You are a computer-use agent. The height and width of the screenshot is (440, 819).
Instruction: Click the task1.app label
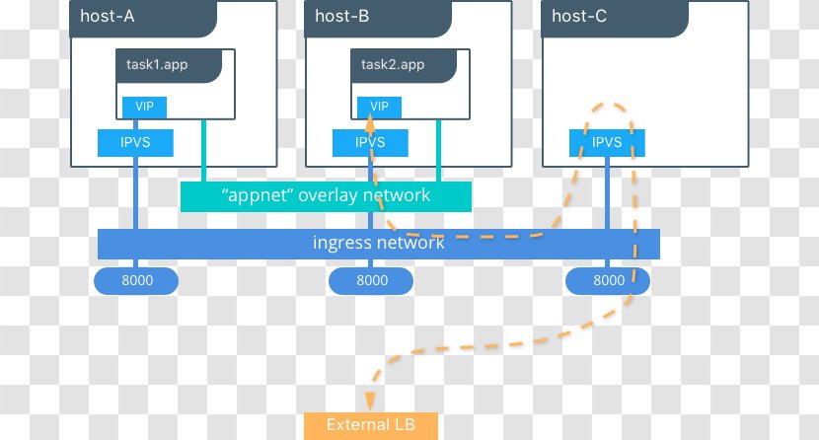[x=158, y=65]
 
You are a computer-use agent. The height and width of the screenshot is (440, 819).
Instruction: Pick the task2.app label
[x=393, y=65]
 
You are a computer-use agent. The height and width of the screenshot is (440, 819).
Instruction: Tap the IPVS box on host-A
[x=135, y=142]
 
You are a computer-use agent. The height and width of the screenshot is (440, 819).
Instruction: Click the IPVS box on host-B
[x=370, y=142]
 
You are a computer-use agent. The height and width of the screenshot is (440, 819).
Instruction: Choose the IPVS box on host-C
[x=607, y=142]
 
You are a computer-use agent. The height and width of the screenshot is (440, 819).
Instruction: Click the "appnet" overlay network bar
[x=326, y=195]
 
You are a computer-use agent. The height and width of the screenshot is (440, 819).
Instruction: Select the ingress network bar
[x=379, y=243]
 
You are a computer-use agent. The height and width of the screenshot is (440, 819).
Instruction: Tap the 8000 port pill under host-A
[x=136, y=280]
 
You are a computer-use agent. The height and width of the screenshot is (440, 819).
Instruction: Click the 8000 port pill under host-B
[x=372, y=280]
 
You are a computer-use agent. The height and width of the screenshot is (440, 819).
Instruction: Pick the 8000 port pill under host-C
[x=609, y=280]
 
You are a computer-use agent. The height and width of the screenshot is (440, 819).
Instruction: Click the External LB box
[x=371, y=425]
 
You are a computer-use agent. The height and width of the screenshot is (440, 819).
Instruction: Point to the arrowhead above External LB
[x=371, y=400]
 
